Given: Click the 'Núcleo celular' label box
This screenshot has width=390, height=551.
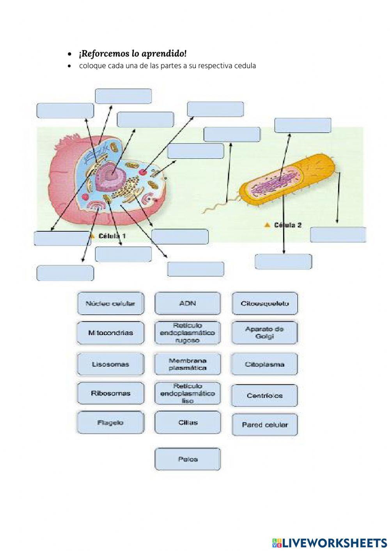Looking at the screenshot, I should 110,303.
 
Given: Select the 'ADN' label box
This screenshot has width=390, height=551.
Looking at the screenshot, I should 188,303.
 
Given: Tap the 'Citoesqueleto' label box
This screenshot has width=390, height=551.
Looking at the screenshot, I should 265,303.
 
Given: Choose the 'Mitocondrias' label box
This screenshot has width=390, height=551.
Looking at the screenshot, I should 110,333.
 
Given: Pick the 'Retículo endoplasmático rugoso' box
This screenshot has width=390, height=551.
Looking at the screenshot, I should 188,333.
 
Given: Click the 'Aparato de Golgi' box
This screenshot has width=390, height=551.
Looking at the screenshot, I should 265,333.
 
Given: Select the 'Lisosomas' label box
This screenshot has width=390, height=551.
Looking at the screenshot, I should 110,364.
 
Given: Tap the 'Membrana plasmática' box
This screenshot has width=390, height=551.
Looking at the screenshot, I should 188,364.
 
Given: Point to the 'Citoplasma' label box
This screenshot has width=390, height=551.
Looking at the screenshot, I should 265,364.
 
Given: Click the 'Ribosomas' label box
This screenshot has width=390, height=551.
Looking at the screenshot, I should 110,393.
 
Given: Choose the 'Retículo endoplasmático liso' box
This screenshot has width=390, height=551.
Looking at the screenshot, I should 188,393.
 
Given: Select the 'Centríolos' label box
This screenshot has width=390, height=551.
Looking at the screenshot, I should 265,395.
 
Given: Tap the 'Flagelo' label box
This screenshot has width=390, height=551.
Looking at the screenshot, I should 110,422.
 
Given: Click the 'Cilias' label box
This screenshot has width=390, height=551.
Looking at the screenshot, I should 188,422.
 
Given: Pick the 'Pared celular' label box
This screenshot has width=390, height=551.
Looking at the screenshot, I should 265,425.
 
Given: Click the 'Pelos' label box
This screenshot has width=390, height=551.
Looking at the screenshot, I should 188,459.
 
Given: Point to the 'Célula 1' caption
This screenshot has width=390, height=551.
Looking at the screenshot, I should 112,236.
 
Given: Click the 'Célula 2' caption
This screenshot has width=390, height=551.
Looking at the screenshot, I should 287,225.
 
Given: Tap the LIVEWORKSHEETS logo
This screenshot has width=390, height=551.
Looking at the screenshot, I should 329,542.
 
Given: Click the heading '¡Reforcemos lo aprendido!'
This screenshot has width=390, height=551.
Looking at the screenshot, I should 133,53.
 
